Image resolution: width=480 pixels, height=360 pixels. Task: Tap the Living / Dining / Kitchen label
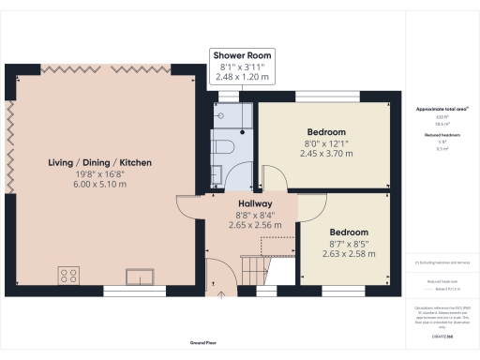click(x=100, y=163)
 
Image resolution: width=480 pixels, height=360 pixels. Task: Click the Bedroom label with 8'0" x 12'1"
click(x=327, y=132)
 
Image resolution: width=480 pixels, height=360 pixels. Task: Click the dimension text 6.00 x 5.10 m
click(x=100, y=186)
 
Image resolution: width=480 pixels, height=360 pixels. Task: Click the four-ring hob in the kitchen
click(x=68, y=275)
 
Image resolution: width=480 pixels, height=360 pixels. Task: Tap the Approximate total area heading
click(x=439, y=110)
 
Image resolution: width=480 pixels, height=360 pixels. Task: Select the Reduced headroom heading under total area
click(x=439, y=135)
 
